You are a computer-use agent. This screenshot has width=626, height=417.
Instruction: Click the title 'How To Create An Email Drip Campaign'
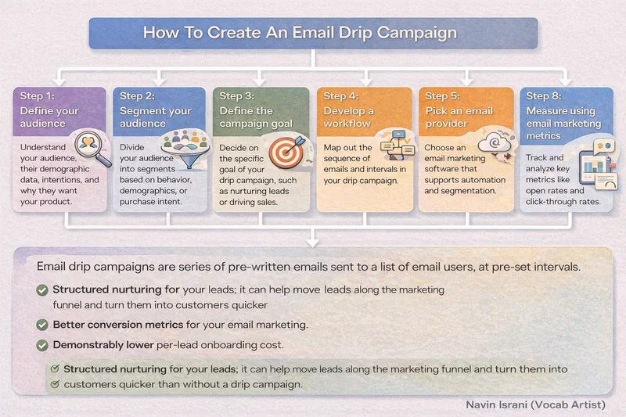point(300,33)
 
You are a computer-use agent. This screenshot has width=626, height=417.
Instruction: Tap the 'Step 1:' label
point(38,96)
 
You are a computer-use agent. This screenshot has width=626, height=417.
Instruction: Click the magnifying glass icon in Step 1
point(92,148)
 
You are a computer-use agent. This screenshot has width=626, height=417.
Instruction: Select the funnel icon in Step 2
point(185,148)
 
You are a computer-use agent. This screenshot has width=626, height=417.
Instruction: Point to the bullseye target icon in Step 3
point(287,152)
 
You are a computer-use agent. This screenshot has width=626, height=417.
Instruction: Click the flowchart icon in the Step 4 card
point(397,144)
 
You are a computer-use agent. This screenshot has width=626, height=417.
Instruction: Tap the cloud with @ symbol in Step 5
point(495,143)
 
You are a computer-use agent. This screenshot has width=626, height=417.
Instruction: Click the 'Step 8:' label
point(544,96)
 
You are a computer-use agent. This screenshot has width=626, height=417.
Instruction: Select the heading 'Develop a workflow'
point(348,117)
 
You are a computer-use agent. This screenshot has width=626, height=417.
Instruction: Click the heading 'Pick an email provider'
point(459,117)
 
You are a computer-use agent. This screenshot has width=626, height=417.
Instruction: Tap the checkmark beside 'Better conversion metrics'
point(42,325)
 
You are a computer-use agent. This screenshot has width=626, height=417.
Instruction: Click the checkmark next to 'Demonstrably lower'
point(42,345)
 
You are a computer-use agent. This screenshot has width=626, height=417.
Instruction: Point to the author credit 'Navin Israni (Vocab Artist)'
point(536,404)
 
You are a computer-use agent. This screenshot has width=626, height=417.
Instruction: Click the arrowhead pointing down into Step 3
point(260,82)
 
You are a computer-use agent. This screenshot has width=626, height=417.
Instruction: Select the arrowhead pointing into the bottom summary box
point(312,243)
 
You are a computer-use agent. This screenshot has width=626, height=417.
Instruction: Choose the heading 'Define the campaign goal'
point(256,117)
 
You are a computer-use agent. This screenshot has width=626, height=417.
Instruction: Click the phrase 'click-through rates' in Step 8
point(563,202)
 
